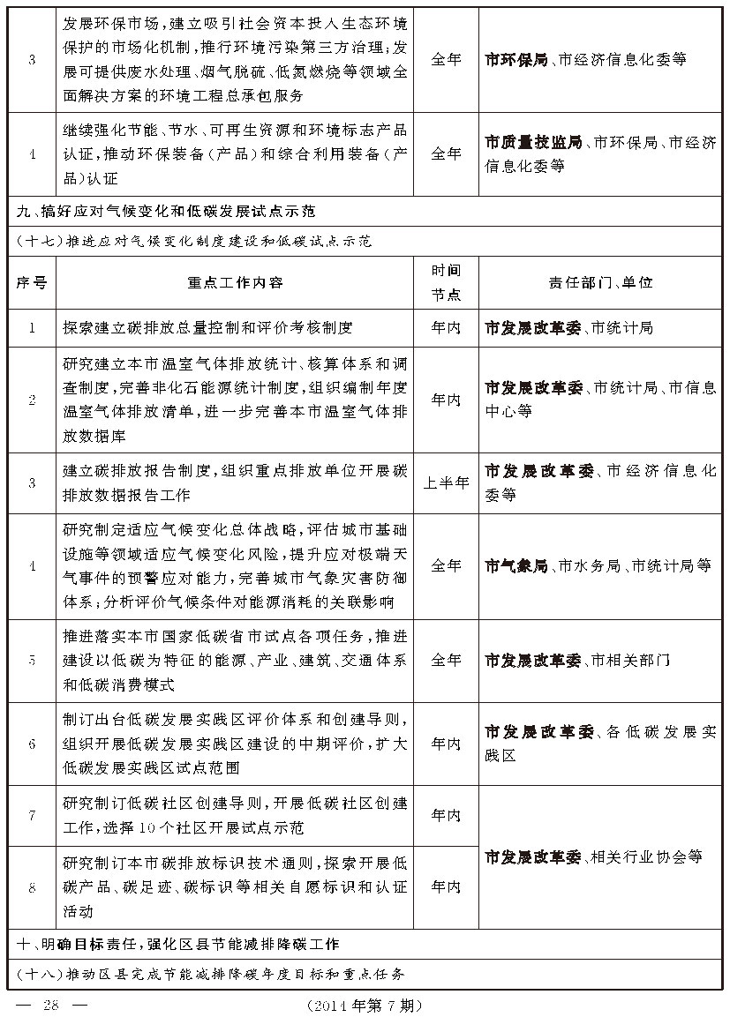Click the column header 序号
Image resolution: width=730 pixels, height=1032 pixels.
click(x=32, y=282)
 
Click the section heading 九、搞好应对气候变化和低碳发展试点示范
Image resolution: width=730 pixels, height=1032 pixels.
click(x=168, y=212)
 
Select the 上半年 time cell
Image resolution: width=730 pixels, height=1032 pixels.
click(x=446, y=483)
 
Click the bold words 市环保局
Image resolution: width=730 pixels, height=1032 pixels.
click(x=516, y=60)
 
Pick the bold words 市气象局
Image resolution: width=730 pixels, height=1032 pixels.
click(x=516, y=565)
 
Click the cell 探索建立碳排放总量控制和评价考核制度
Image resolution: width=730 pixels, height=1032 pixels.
click(x=208, y=328)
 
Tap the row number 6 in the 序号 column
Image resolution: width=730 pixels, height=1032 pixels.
click(x=32, y=744)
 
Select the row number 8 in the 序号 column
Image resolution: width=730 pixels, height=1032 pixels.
click(x=32, y=887)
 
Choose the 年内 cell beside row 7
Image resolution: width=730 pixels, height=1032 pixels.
click(x=446, y=815)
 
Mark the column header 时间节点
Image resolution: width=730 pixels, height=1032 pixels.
click(x=446, y=282)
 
